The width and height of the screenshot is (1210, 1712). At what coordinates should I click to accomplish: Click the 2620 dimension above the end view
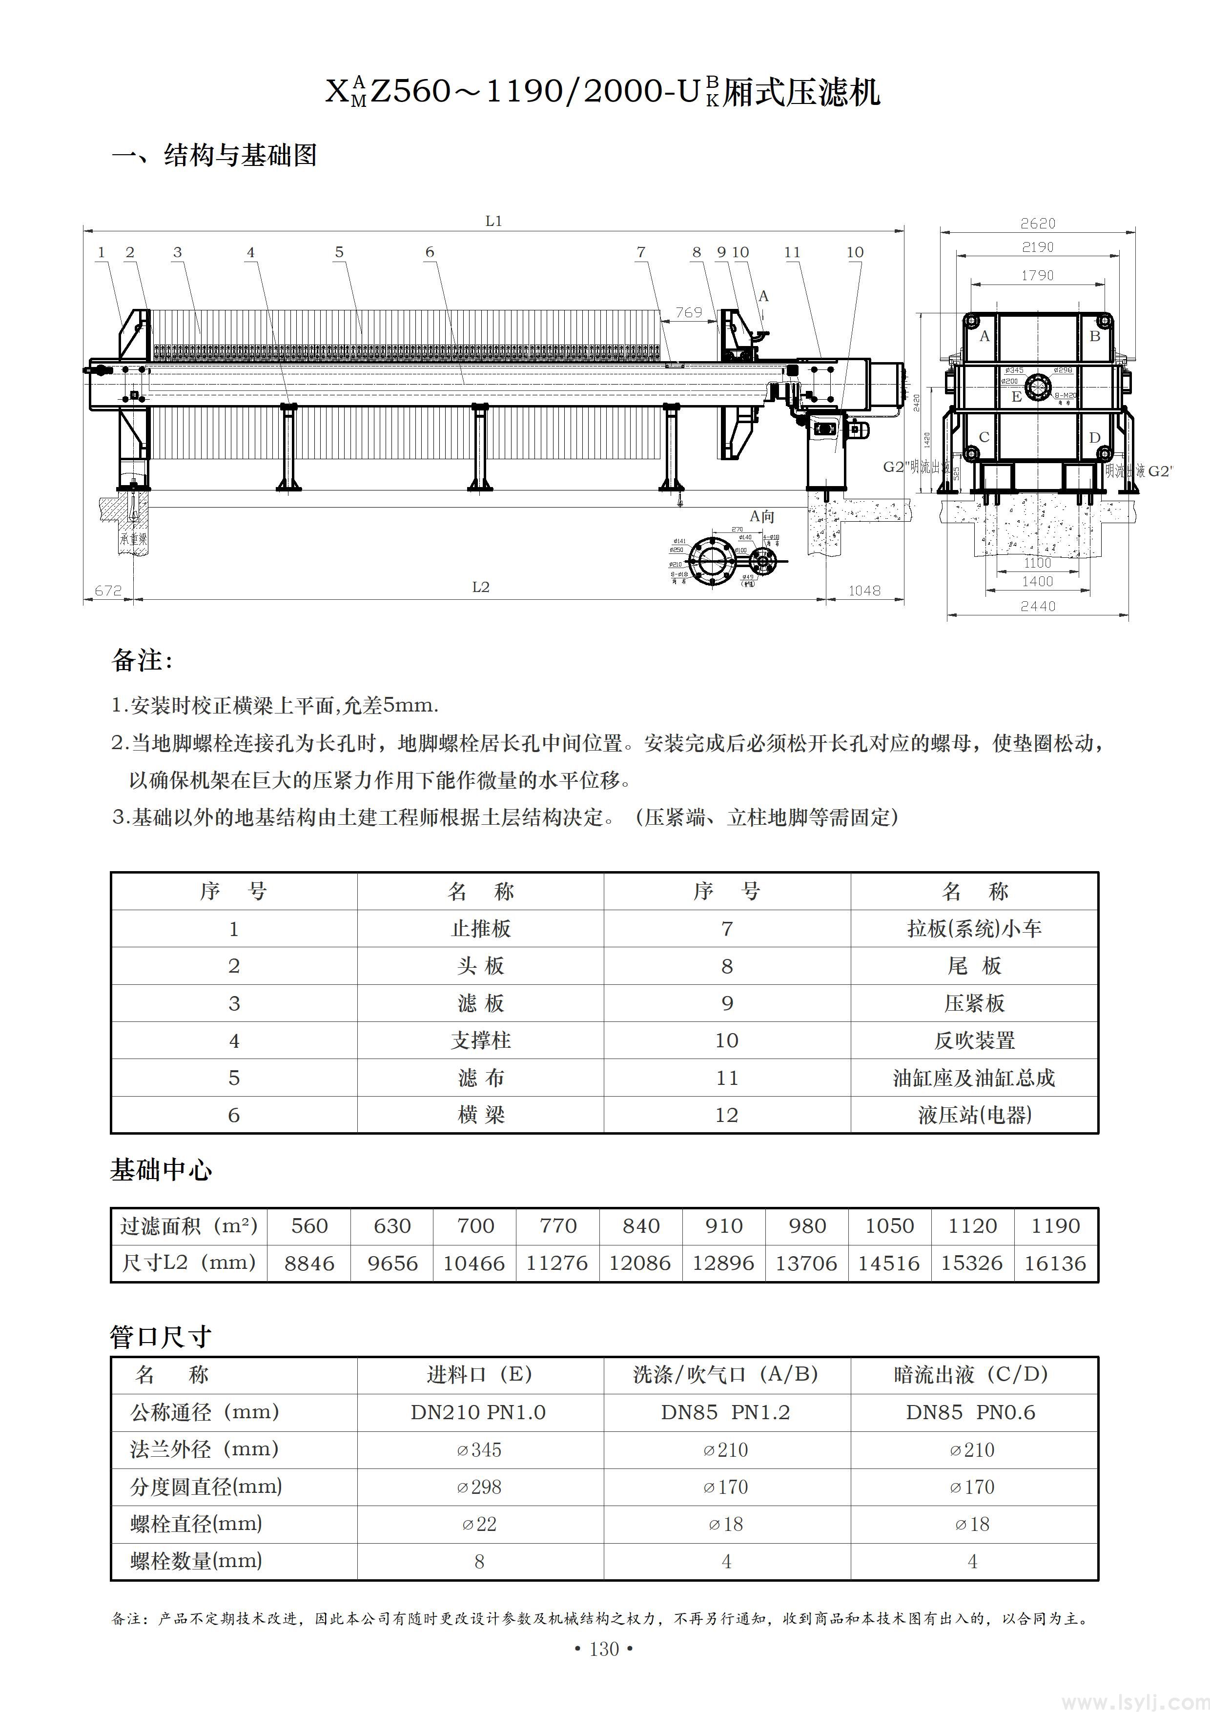click(1037, 223)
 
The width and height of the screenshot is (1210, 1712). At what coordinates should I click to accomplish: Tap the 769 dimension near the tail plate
click(688, 312)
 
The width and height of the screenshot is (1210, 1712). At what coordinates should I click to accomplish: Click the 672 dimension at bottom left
click(108, 591)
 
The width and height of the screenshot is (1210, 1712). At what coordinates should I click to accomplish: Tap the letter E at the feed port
click(1016, 397)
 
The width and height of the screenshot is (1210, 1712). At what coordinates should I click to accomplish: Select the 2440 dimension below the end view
click(1037, 606)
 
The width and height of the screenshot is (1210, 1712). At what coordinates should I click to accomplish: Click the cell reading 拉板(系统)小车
click(974, 928)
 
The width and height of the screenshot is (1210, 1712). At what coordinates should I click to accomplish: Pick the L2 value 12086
click(640, 1263)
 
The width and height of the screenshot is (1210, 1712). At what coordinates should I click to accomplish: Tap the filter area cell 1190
click(1055, 1226)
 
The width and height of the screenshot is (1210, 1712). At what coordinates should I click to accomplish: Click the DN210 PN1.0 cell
click(479, 1412)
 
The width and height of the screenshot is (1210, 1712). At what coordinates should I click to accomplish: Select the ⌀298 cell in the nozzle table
click(479, 1487)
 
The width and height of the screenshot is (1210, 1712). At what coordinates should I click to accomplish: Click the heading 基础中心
click(161, 1171)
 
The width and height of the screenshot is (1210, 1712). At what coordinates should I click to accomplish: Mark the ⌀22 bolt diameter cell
click(479, 1524)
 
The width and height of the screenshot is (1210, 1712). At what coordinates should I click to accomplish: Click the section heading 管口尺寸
click(161, 1337)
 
